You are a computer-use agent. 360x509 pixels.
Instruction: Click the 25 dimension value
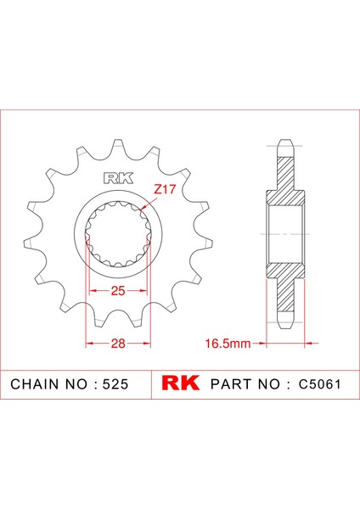tap(117, 291)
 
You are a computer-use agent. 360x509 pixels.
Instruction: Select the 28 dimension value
tap(117, 344)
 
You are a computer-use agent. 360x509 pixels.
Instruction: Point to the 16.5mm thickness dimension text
tap(228, 344)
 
